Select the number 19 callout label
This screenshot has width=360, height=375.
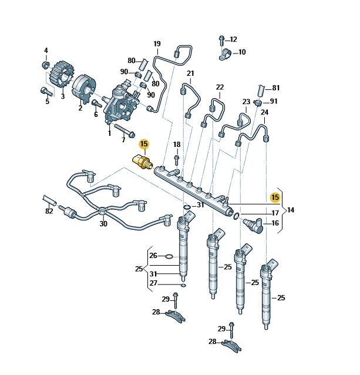[x=157, y=44]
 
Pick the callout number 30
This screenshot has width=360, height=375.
[x=103, y=224]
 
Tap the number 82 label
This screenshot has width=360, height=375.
[x=49, y=210]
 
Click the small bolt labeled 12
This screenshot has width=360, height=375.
[x=221, y=41]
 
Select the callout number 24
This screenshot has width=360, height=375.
[x=264, y=112]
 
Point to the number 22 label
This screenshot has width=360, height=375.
[x=220, y=88]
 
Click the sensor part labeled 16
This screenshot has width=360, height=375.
[x=253, y=224]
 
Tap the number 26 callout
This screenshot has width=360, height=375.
[x=153, y=256]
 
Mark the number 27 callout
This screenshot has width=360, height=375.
[x=153, y=283]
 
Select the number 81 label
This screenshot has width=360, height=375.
[x=275, y=88]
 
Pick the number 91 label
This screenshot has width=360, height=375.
[x=274, y=101]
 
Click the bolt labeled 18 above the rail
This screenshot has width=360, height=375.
[x=176, y=159]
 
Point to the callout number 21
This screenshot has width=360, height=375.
[x=190, y=73]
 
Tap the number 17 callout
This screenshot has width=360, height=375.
[x=275, y=213]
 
